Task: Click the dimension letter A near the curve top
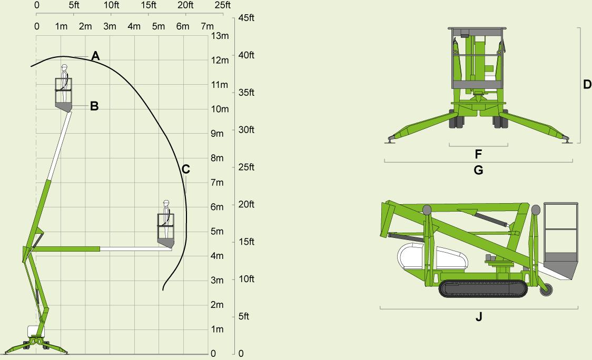pos(95,56)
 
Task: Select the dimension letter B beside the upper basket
pos(94,106)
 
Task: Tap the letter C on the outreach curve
pos(185,169)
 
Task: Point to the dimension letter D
pos(587,85)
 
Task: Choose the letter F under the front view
pos(478,154)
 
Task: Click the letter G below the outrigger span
pos(478,170)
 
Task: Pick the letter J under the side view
pos(479,317)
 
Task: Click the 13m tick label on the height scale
pos(220,36)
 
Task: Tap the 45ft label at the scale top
pos(246,18)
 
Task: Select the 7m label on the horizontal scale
pos(208,26)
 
